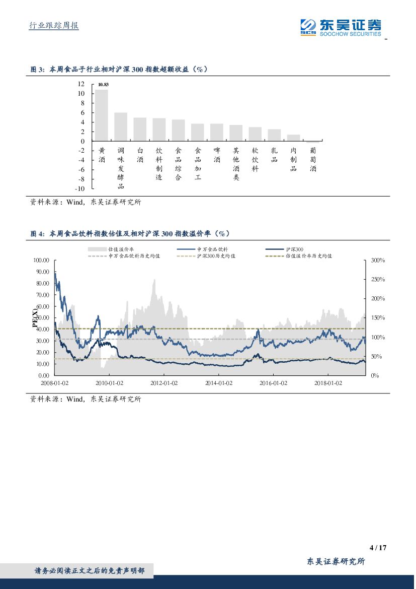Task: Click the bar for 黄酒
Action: [102, 115]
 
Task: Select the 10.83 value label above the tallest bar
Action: [103, 85]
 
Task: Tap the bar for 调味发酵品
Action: [121, 127]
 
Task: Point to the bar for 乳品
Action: [274, 135]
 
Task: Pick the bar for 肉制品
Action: [293, 138]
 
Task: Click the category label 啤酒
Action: [217, 155]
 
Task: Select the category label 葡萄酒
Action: [313, 159]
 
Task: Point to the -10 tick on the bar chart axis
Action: [79, 189]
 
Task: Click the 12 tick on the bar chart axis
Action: [81, 84]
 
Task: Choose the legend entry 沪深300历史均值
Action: [216, 256]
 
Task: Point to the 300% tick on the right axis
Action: [378, 260]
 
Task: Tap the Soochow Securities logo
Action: [341, 27]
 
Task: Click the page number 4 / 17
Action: [378, 548]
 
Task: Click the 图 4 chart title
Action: [130, 233]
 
